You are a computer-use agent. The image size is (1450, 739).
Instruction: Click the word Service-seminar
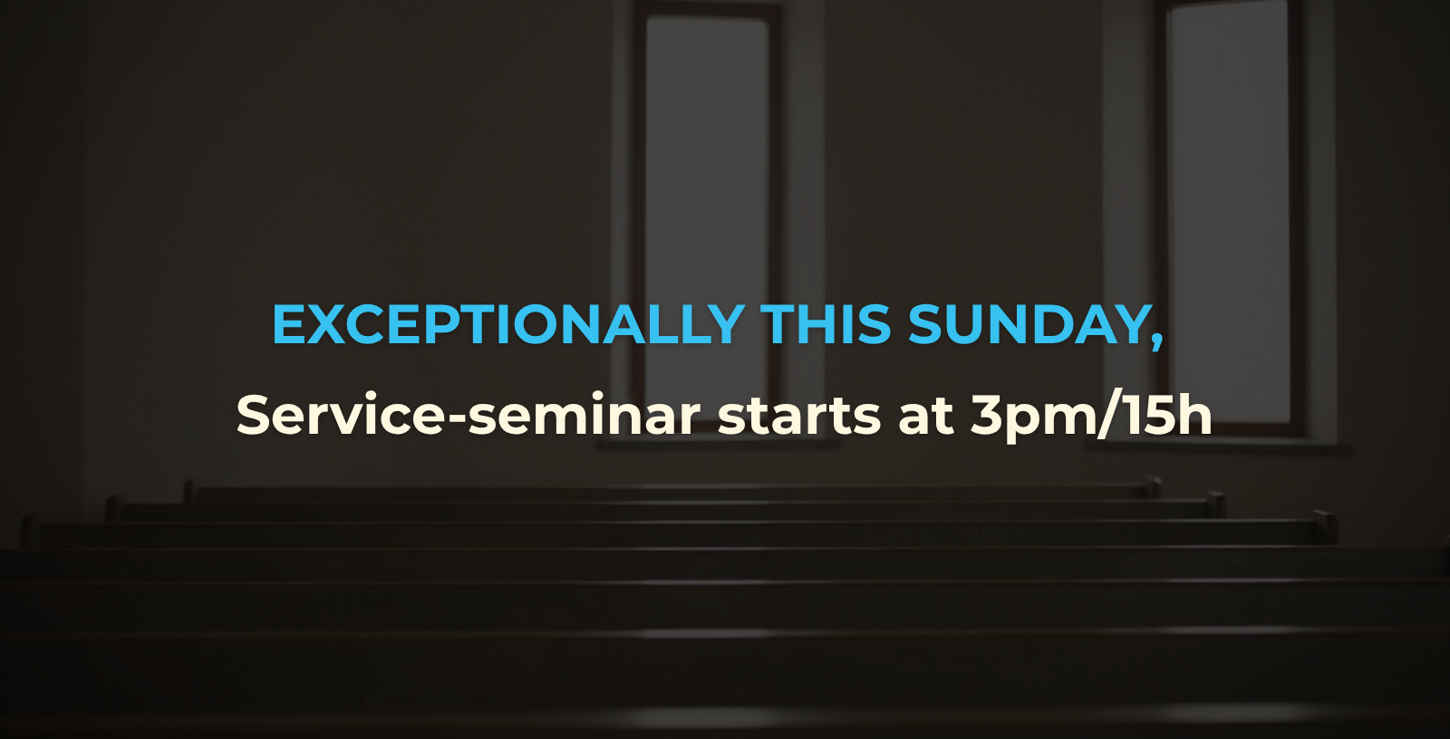[x=468, y=414]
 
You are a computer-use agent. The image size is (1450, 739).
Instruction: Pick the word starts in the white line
[x=798, y=416]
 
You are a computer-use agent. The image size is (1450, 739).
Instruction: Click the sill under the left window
[x=719, y=443]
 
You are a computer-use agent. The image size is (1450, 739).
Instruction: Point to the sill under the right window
[x=1218, y=446]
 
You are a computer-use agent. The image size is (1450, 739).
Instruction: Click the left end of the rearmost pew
[x=188, y=491]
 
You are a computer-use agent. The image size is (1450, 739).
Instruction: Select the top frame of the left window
[x=708, y=10]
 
